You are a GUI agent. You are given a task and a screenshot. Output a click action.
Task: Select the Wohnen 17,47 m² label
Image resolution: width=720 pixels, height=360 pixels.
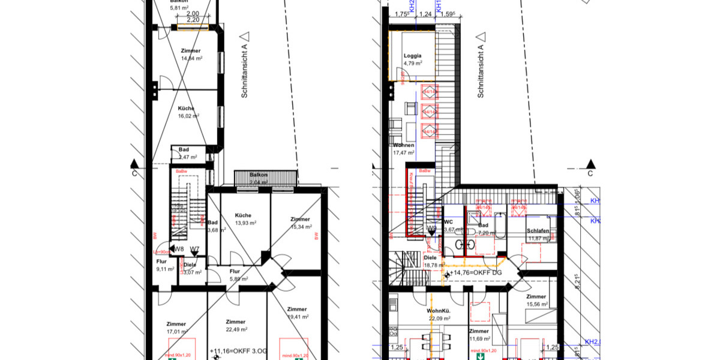(x=404, y=149)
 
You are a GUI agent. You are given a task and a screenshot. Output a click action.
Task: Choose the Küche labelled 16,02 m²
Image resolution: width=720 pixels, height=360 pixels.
(x=186, y=112)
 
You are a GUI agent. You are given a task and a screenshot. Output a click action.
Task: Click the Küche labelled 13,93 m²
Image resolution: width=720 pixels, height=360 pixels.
(x=243, y=218)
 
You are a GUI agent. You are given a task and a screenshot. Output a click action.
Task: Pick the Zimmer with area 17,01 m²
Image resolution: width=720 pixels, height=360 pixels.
(x=176, y=327)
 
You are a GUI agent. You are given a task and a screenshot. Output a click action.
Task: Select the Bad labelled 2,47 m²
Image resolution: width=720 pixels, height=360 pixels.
(x=184, y=153)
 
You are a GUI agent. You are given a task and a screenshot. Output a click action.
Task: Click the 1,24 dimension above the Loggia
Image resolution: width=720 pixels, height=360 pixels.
(x=425, y=14)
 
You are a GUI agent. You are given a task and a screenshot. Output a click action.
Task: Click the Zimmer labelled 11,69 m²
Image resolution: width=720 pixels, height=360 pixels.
(x=479, y=334)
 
